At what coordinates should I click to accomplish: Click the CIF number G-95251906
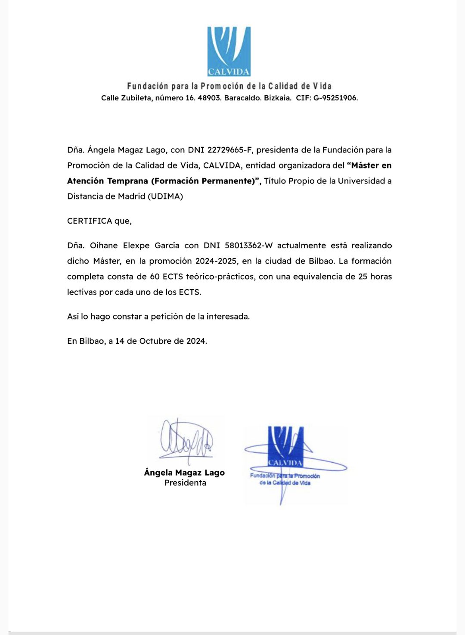click(x=335, y=98)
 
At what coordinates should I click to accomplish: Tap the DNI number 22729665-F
click(x=229, y=150)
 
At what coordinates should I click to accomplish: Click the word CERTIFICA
click(x=90, y=221)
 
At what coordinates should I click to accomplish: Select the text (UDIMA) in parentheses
click(x=165, y=196)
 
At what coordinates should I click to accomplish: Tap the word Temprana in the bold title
click(x=127, y=181)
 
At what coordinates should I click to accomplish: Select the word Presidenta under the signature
click(x=185, y=483)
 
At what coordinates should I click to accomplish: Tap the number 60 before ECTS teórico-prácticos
click(x=155, y=277)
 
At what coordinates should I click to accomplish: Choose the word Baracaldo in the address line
click(x=242, y=98)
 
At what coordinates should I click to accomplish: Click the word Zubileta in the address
click(x=136, y=98)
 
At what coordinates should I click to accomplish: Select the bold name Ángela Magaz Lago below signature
click(x=184, y=473)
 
